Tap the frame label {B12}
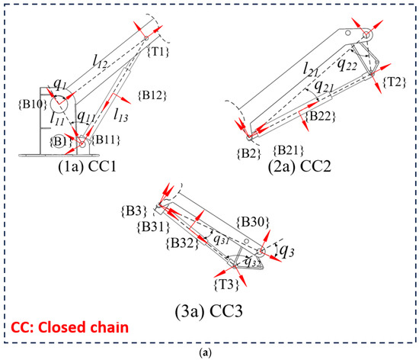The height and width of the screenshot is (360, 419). coord(152,95)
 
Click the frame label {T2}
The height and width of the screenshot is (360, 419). coord(393,82)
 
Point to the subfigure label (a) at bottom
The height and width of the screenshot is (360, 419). coord(209,354)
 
